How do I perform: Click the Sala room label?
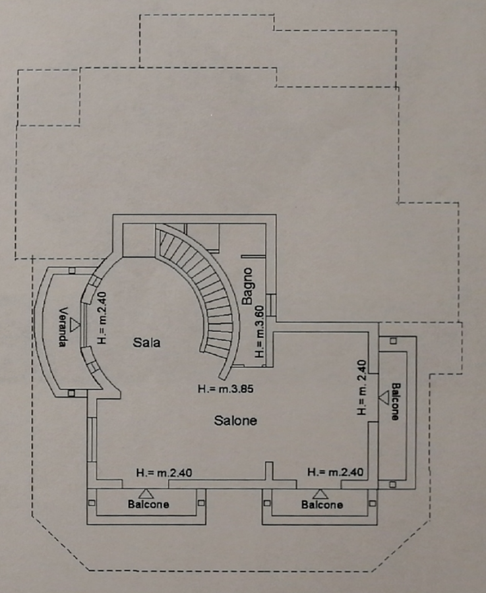146,343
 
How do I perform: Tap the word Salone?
235,420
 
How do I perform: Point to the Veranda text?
63,327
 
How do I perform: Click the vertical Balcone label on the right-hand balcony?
394,401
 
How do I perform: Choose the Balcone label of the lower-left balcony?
148,505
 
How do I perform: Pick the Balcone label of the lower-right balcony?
322,505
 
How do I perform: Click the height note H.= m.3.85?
226,389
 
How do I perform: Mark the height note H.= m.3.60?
260,332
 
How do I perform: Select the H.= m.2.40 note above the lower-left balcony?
164,472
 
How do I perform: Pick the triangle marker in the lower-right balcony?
321,493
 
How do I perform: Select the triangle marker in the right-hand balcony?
384,397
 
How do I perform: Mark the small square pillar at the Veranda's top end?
71,270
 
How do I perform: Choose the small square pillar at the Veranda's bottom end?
71,393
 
